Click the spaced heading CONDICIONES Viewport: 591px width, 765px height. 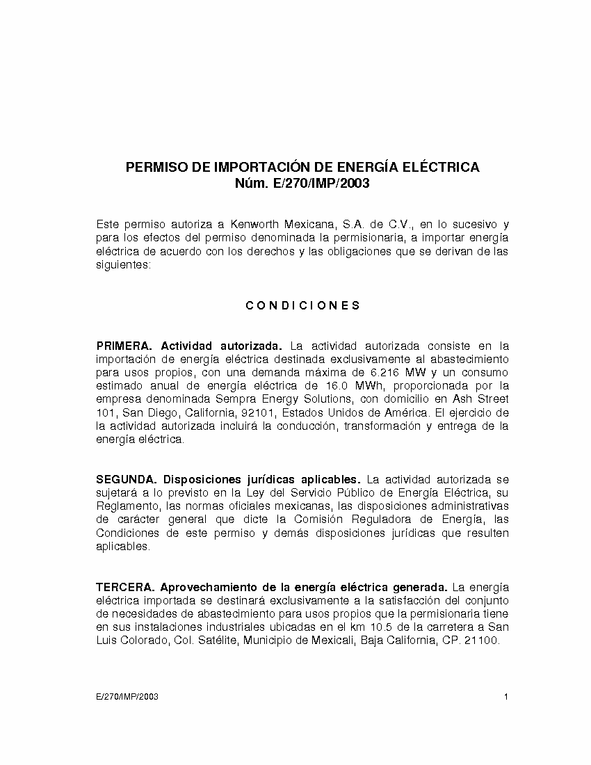click(303, 305)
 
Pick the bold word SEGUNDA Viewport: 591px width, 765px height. click(127, 479)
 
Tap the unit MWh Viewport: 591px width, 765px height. click(373, 385)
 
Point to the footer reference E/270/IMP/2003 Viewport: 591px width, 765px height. click(127, 697)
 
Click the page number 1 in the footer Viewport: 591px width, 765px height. click(506, 697)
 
